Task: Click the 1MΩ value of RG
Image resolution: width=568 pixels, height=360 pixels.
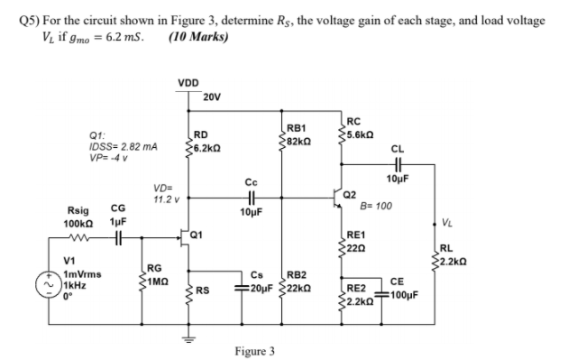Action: (x=157, y=279)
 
